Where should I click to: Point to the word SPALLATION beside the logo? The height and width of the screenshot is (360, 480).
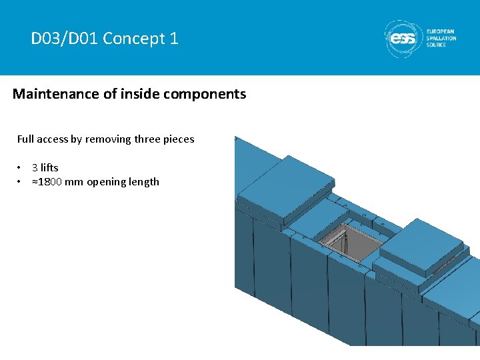tap(441, 39)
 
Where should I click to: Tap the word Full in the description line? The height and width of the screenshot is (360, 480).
tap(25, 139)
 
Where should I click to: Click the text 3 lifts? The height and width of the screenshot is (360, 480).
tap(45, 168)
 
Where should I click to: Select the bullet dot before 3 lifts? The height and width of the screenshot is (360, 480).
tap(21, 168)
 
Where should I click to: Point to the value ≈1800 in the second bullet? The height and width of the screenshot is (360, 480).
tap(49, 182)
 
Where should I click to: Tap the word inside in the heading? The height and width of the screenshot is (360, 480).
tap(139, 94)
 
